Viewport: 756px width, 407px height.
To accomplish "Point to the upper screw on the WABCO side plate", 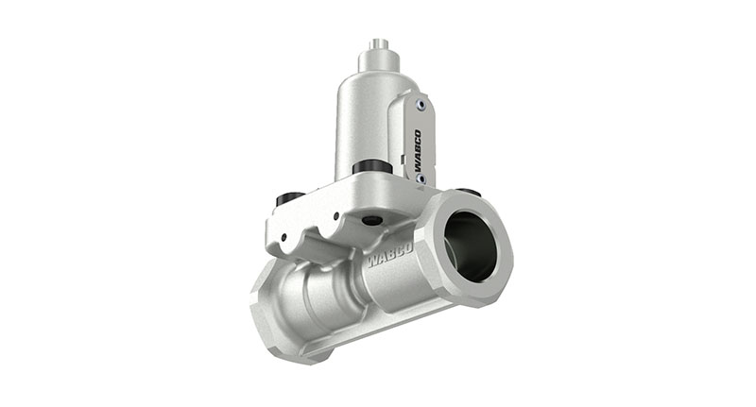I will point(419,105).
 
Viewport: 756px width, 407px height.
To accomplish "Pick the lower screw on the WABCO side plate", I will point(422,179).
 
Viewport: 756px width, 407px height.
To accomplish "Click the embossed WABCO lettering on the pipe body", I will point(387,256).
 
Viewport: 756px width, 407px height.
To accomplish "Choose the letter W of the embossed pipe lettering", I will point(369,262).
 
